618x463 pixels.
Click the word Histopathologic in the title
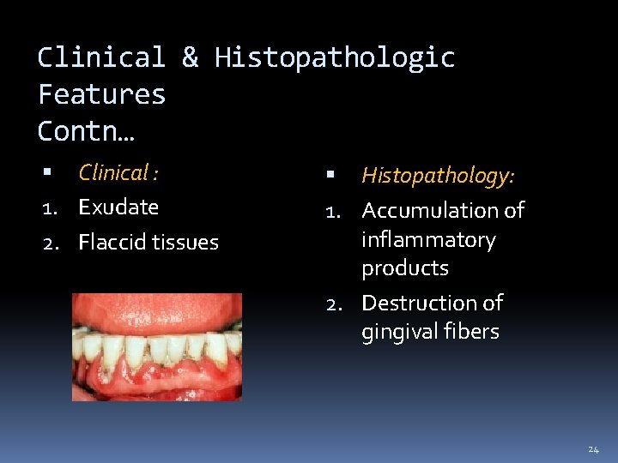pyautogui.click(x=335, y=58)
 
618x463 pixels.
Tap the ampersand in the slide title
pyautogui.click(x=190, y=58)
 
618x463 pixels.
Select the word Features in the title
pyautogui.click(x=101, y=94)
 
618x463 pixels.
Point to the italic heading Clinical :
pyautogui.click(x=118, y=173)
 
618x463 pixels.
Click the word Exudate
pyautogui.click(x=118, y=207)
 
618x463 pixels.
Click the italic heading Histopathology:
pyautogui.click(x=438, y=176)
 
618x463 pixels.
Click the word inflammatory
pyautogui.click(x=428, y=239)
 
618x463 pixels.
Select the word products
pyautogui.click(x=405, y=268)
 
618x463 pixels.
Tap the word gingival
pyautogui.click(x=397, y=332)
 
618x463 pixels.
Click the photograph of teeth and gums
pyautogui.click(x=157, y=347)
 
